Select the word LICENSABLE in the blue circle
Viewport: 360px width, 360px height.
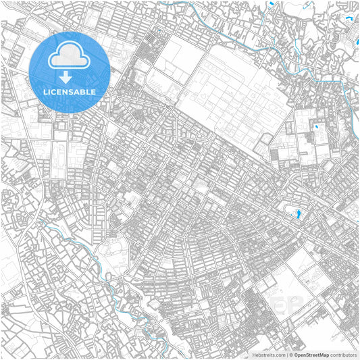pos(69,91)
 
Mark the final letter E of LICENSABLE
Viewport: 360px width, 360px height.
pos(94,91)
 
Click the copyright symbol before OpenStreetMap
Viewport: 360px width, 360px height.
pos(289,354)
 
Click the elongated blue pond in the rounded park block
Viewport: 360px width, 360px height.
pos(297,215)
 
